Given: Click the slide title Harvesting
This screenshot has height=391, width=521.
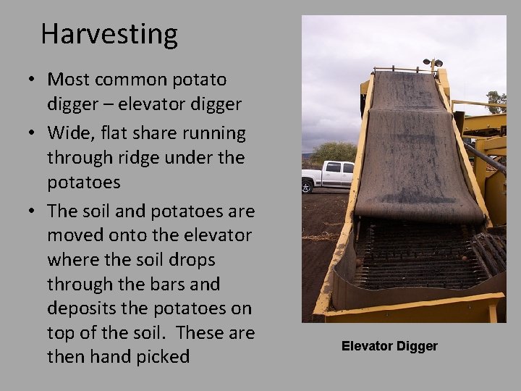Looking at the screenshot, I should [x=109, y=34].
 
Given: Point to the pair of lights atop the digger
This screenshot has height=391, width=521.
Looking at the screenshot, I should [x=433, y=63].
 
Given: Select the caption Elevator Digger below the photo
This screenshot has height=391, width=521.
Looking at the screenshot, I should [x=389, y=346].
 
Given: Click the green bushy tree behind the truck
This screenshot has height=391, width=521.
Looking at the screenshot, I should [x=333, y=151].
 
